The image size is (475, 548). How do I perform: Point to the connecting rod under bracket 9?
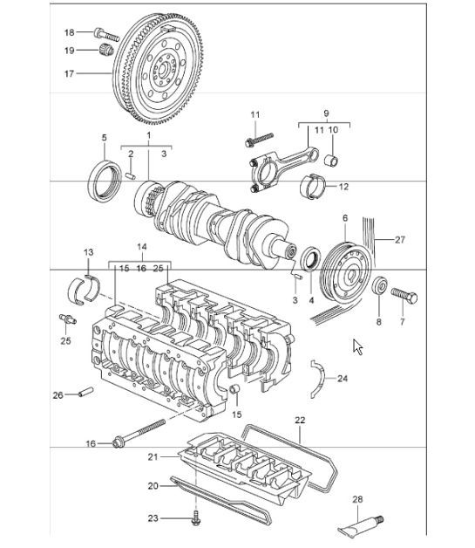(x=288, y=157)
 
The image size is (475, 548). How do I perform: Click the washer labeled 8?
(x=379, y=287)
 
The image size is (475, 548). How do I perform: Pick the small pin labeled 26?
(x=85, y=393)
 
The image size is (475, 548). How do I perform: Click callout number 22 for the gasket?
(x=300, y=421)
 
